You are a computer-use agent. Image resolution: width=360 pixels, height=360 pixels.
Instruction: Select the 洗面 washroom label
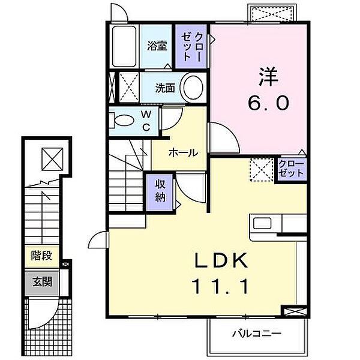[x=165, y=88]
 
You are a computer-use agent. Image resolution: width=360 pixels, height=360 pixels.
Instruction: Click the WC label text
[x=146, y=120]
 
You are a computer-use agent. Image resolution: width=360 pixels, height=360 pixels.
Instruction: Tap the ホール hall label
[x=183, y=152]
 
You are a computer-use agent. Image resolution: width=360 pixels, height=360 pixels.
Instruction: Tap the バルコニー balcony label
[x=256, y=333]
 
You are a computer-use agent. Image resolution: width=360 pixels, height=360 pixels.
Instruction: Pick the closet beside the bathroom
[x=191, y=46]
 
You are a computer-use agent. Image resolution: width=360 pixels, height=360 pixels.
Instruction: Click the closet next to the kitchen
[x=292, y=169]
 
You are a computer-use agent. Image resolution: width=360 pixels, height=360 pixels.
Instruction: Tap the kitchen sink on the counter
[x=262, y=223]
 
